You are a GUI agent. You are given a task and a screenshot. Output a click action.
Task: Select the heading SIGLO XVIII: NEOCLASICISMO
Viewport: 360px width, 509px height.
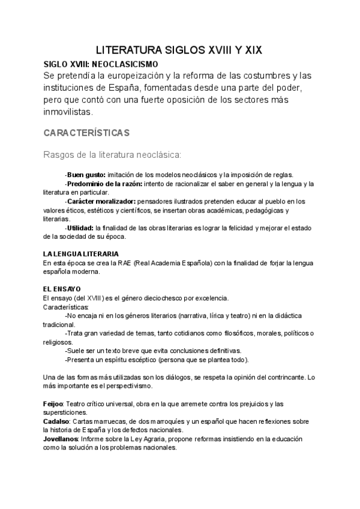(x=101, y=63)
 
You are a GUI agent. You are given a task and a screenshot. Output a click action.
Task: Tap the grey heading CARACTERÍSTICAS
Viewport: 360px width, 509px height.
(x=86, y=131)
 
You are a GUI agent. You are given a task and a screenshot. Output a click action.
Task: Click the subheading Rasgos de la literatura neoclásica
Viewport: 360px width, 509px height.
(x=112, y=154)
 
